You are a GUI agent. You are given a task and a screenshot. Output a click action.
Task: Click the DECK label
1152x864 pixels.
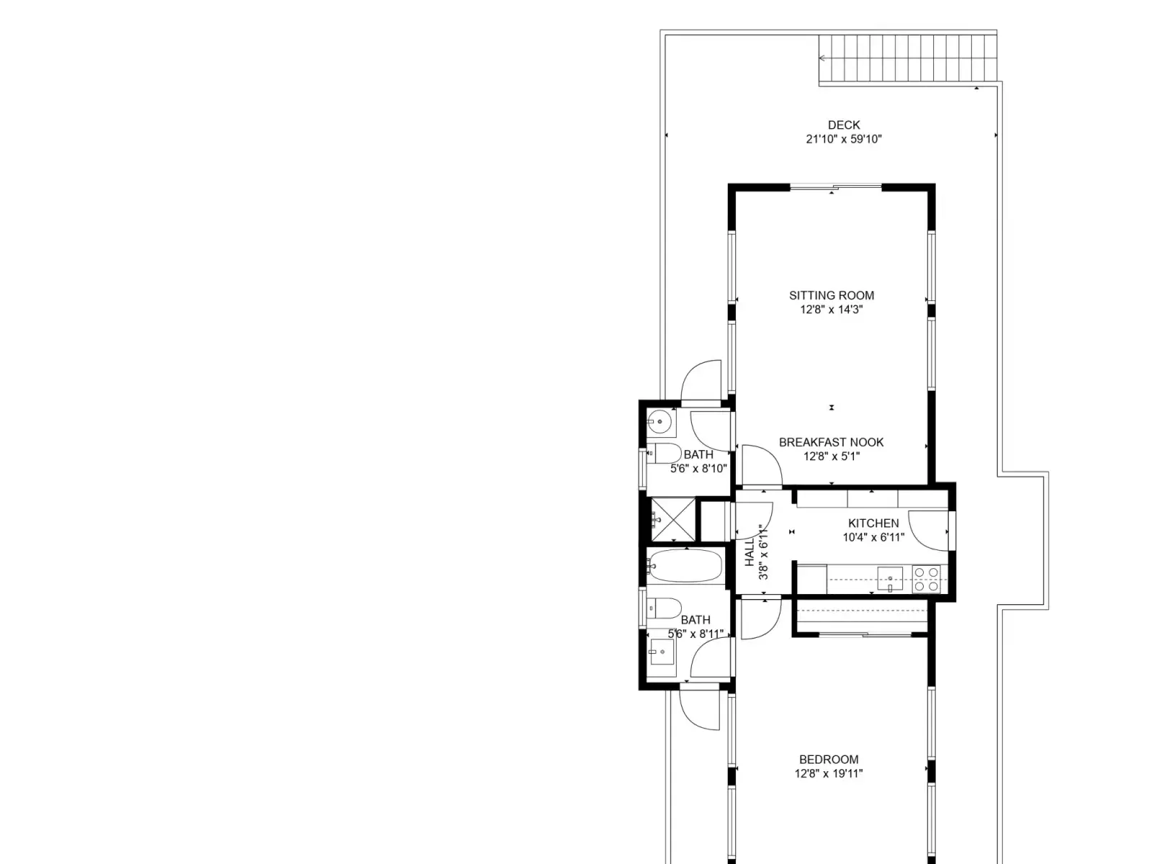tap(843, 125)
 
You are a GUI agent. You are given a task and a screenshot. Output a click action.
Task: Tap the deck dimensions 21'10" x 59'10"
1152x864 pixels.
tap(843, 139)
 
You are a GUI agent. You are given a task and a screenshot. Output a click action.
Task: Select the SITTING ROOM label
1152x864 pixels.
tap(832, 295)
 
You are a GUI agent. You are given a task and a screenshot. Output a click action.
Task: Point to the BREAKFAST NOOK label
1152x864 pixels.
tap(831, 442)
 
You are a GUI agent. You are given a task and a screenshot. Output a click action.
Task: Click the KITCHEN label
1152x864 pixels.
tap(873, 523)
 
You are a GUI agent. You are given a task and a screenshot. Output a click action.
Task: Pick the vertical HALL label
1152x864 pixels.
tap(750, 552)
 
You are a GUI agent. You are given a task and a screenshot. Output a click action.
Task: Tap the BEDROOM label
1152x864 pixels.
tap(829, 759)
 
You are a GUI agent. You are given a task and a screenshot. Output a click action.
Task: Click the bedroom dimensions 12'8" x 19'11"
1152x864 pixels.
tap(828, 773)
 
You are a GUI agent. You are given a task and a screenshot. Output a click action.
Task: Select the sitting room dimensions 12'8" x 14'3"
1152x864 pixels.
tap(832, 310)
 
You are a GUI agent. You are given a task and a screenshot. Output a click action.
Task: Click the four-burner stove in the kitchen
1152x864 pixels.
tap(927, 579)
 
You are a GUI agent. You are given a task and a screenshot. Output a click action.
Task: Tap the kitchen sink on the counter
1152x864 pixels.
tap(890, 579)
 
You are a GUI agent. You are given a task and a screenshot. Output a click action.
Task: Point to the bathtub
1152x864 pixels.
tap(684, 565)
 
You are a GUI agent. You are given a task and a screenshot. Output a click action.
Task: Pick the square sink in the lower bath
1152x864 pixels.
tap(661, 652)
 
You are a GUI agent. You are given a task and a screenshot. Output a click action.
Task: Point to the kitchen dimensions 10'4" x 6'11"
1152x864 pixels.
tap(873, 537)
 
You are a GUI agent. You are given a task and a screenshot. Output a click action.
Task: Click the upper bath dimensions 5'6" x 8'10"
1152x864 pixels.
tap(698, 469)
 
